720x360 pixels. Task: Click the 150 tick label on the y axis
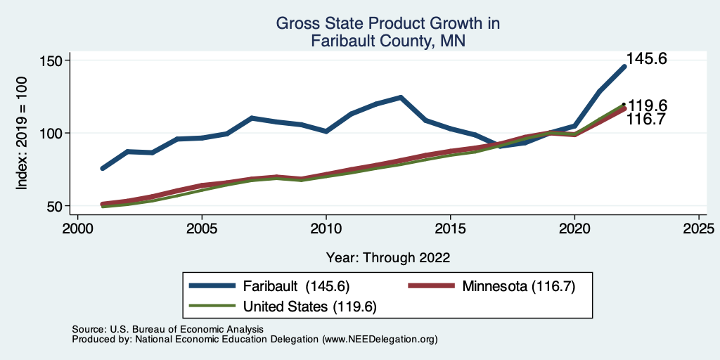(52, 60)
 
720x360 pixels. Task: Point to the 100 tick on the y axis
(52, 133)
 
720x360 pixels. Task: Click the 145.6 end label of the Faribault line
(647, 60)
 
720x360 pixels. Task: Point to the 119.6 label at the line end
(648, 105)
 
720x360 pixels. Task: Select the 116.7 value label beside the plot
(648, 120)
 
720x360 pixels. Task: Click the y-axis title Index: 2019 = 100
(22, 133)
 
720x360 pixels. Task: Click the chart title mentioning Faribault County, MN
(388, 32)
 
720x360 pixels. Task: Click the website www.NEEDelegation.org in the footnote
(380, 340)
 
